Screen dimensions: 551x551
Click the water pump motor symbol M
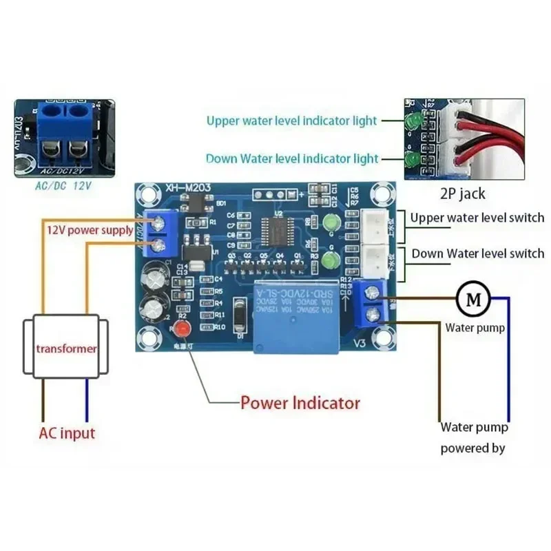[x=472, y=299]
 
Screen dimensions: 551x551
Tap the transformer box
[x=66, y=348]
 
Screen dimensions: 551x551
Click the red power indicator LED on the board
[x=182, y=326]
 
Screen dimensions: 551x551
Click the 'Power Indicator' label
[x=300, y=402]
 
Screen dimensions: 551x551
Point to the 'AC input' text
[x=66, y=433]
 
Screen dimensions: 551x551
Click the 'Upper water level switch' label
[x=477, y=218]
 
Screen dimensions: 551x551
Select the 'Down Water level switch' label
[x=477, y=253]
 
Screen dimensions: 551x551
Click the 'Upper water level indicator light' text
[x=292, y=121]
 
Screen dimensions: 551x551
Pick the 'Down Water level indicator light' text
[x=292, y=159]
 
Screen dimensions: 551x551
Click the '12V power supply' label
[x=90, y=230]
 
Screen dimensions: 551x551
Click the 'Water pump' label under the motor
[x=475, y=328]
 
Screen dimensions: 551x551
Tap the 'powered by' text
[x=472, y=448]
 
